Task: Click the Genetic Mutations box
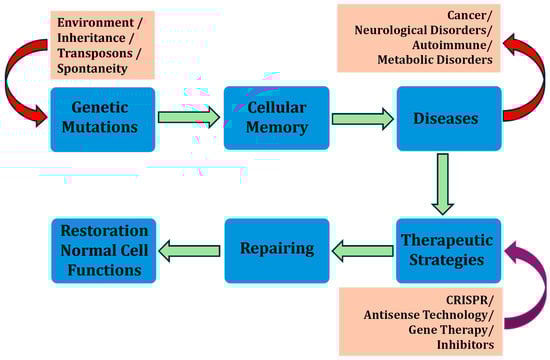point(103,120)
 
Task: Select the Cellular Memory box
point(277,118)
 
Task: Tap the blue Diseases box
point(449,119)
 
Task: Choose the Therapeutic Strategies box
point(449,251)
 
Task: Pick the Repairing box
point(277,251)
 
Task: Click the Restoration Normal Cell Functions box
point(104,251)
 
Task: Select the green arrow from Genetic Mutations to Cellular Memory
point(189,117)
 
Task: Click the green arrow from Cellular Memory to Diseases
point(363,119)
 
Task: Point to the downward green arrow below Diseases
point(443,184)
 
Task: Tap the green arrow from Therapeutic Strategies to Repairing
point(363,251)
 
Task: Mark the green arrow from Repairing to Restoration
point(189,251)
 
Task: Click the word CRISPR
point(469,300)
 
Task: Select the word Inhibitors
point(465,345)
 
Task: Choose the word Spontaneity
point(92,69)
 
